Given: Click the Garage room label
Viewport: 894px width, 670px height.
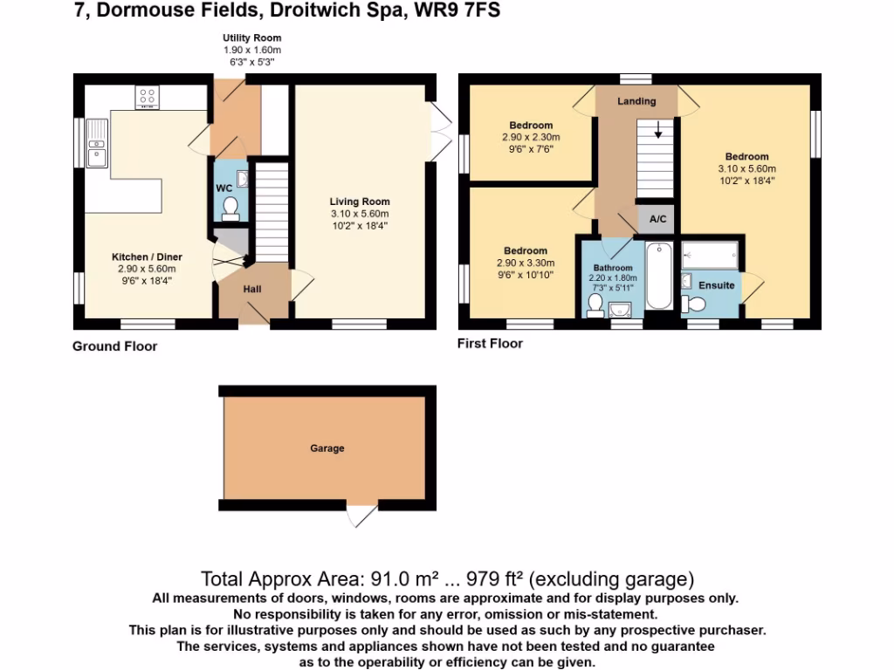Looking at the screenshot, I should point(327,448).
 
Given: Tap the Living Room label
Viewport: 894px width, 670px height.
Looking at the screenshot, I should point(358,202).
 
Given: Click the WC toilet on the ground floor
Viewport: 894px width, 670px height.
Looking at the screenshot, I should point(230,207).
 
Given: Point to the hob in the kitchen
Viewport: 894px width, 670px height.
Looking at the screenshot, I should point(147,97).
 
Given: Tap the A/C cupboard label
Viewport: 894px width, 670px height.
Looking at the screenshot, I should point(657,220).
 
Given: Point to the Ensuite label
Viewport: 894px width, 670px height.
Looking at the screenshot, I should point(716,285).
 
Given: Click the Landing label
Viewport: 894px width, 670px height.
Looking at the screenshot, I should point(636,101).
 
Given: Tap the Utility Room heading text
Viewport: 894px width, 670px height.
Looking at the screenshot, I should point(251,38).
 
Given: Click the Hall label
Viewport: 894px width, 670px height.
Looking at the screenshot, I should point(252,290).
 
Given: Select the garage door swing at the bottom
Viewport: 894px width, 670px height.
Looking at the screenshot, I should point(361,516).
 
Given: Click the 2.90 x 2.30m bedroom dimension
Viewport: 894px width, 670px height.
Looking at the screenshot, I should point(531,138).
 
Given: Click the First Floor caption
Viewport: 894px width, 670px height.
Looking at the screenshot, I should point(490,344).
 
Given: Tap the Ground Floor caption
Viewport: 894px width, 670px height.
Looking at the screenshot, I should point(114,346).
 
